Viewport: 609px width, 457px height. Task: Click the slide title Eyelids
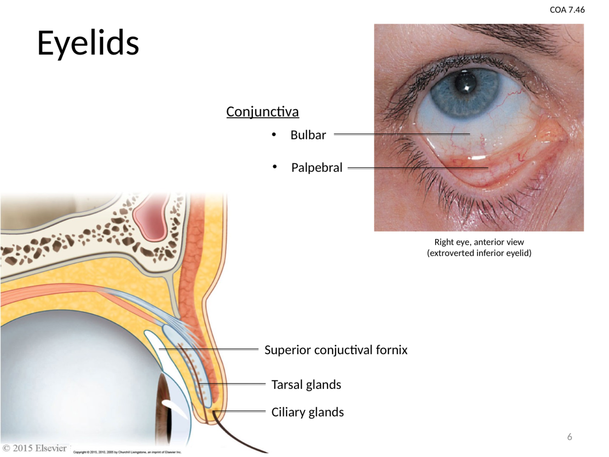[88, 43]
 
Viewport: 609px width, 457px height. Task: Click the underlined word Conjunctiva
[262, 111]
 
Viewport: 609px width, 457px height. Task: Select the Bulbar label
[308, 135]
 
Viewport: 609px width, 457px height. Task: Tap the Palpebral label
[316, 168]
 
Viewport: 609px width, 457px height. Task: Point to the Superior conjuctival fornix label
[336, 350]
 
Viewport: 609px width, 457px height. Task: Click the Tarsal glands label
[306, 384]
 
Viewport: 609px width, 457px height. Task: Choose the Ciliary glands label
[307, 412]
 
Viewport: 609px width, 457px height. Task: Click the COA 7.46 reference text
[567, 10]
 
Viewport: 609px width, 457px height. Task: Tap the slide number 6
[569, 437]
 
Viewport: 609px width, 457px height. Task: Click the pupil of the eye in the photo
[465, 83]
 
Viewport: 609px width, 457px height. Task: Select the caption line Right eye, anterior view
[479, 242]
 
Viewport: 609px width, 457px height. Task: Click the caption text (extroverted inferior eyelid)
[479, 253]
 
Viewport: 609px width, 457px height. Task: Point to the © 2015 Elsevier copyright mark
[35, 448]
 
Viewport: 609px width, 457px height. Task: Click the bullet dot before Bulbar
[274, 134]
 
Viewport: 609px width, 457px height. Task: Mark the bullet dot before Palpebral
[274, 167]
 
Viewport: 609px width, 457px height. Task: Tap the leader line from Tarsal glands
[237, 384]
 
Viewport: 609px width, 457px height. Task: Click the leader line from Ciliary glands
[240, 411]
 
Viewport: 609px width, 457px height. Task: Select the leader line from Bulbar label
[402, 134]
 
